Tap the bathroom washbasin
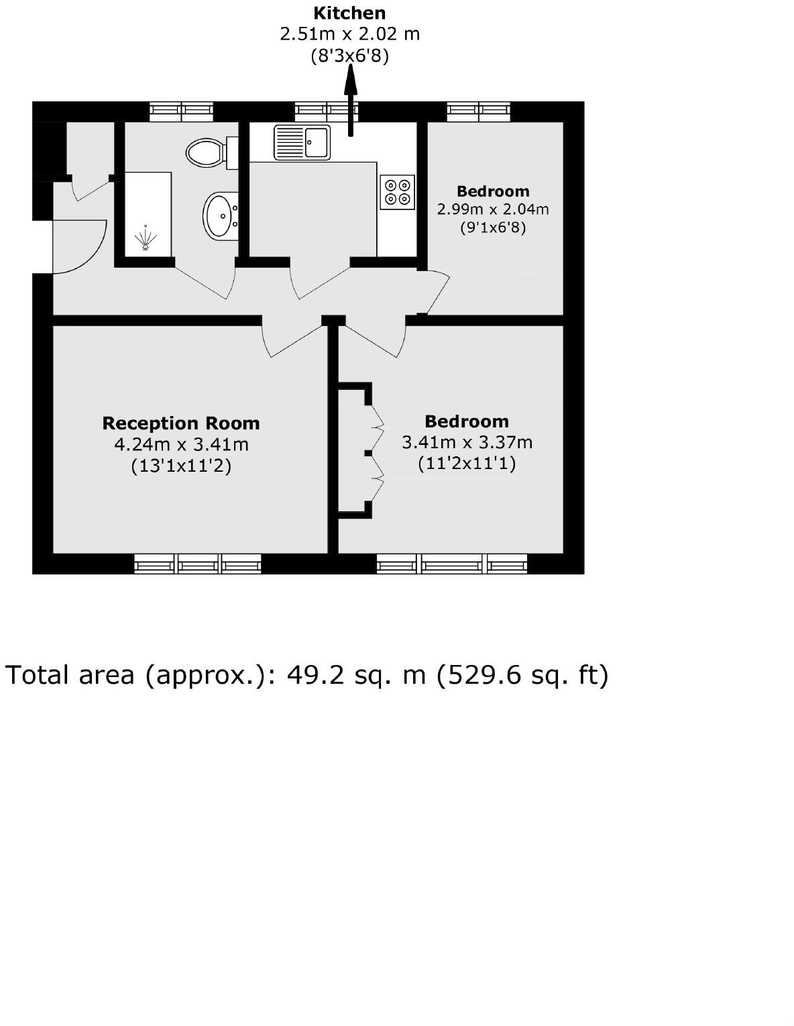click(x=219, y=215)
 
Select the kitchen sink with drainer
click(x=302, y=142)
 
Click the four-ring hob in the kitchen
click(x=396, y=191)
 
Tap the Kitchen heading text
click(x=349, y=13)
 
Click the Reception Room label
click(x=180, y=423)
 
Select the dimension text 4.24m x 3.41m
click(x=181, y=444)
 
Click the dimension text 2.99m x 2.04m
click(x=493, y=209)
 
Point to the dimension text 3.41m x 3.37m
click(x=467, y=442)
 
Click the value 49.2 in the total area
click(x=311, y=674)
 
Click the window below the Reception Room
click(x=197, y=564)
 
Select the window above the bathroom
click(x=181, y=111)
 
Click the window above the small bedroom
click(x=479, y=111)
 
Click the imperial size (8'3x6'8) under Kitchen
click(x=349, y=56)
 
